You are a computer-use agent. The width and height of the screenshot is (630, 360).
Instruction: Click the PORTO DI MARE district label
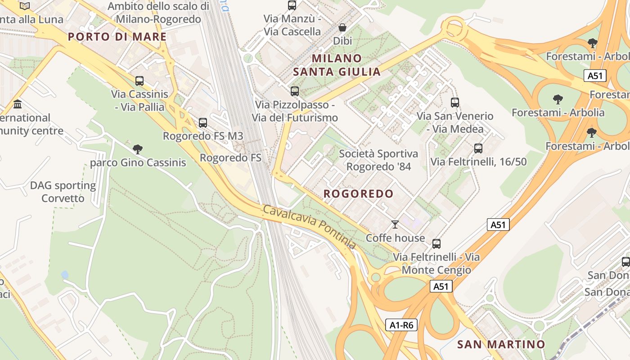click(x=117, y=37)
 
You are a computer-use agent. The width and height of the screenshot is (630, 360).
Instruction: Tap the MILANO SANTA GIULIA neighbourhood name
click(x=337, y=65)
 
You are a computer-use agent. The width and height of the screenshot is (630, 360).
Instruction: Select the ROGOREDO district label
click(x=359, y=194)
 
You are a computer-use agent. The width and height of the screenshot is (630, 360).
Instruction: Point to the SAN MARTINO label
click(x=501, y=345)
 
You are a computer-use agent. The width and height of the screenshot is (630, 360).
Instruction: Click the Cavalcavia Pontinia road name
click(x=309, y=227)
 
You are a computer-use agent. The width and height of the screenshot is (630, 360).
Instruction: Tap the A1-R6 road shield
click(x=401, y=325)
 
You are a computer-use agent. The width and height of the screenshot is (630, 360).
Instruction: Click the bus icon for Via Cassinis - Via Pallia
click(x=139, y=81)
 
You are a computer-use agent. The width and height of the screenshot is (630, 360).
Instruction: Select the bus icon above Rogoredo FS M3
click(x=203, y=122)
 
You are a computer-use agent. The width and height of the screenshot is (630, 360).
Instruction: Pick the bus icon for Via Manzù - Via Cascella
click(x=292, y=5)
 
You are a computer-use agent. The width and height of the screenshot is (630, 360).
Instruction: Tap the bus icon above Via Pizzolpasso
click(x=295, y=91)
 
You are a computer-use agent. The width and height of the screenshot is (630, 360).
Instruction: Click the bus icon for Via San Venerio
click(x=455, y=103)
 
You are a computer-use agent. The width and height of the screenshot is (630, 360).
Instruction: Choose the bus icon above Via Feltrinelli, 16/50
click(x=478, y=148)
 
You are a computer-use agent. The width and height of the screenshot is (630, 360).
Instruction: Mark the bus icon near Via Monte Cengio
click(x=436, y=244)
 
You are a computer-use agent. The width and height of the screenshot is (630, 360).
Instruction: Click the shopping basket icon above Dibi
click(x=342, y=28)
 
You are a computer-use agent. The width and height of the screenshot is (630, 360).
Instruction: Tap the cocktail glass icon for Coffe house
click(x=395, y=225)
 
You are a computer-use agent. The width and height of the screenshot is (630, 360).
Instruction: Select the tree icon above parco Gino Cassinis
click(x=138, y=149)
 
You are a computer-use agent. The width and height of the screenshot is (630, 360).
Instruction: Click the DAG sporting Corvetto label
click(x=63, y=192)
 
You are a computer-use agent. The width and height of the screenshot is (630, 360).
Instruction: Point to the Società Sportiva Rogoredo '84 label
click(x=378, y=160)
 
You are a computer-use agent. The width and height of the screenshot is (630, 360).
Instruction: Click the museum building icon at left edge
click(x=18, y=104)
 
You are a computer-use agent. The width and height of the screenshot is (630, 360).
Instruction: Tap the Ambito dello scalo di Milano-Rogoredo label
click(x=158, y=13)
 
